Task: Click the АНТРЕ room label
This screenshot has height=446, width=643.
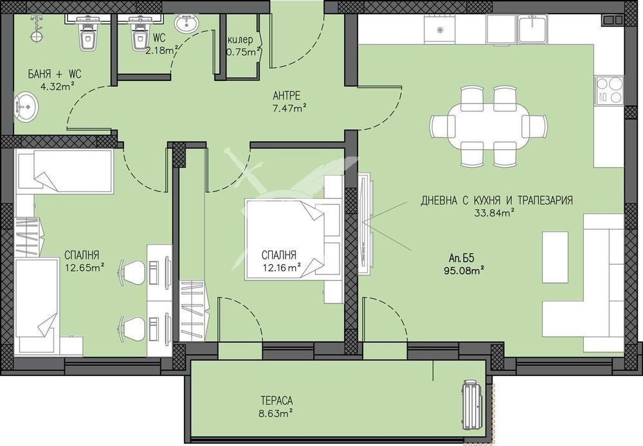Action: (287, 96)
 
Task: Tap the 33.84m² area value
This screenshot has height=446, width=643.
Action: (496, 213)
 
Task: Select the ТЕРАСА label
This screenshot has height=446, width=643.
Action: (276, 400)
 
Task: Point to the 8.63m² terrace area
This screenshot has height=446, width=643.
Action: (275, 413)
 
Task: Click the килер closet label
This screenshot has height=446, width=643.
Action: (240, 40)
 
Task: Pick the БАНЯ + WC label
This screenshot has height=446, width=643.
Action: (55, 74)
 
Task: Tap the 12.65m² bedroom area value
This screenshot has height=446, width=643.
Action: (84, 268)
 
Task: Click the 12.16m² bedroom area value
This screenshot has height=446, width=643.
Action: (282, 268)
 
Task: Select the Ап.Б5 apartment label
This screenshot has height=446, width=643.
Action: (461, 258)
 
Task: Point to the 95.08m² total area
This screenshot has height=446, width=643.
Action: (462, 271)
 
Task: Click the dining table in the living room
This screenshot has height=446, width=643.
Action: (488, 127)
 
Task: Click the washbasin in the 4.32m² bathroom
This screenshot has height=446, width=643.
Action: (26, 107)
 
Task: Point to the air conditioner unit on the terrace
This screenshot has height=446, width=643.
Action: (472, 405)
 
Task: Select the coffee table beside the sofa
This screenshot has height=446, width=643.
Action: (556, 257)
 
